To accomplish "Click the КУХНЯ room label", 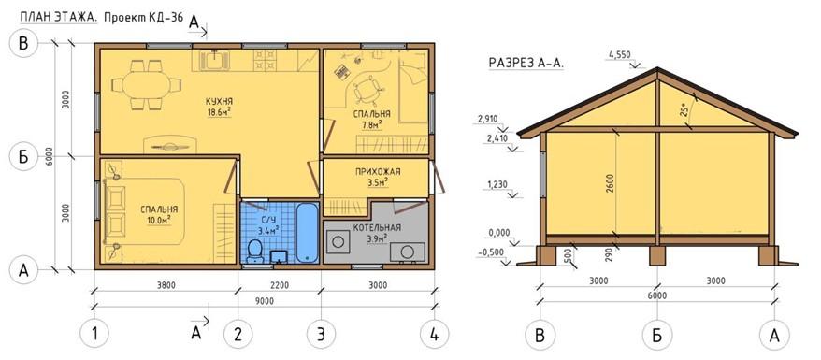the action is tap(220, 101).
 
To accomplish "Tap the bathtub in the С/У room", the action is tap(307, 232).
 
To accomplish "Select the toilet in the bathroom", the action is tap(254, 251).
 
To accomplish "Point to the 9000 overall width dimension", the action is tap(265, 301).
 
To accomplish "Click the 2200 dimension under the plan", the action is tap(281, 285).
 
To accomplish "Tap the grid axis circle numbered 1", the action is tap(95, 333).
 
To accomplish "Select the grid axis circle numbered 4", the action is tap(435, 333).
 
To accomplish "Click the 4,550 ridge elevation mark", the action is tap(620, 54).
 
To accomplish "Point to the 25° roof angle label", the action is tap(697, 111).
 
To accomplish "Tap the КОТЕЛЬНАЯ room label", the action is tap(377, 227).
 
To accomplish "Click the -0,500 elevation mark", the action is tap(491, 252).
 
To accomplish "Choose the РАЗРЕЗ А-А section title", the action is tap(526, 63).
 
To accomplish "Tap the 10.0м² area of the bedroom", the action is tap(159, 219).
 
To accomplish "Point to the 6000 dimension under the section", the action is tap(656, 295).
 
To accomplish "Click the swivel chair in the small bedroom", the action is tap(366, 91).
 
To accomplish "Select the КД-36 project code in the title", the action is tap(165, 17).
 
